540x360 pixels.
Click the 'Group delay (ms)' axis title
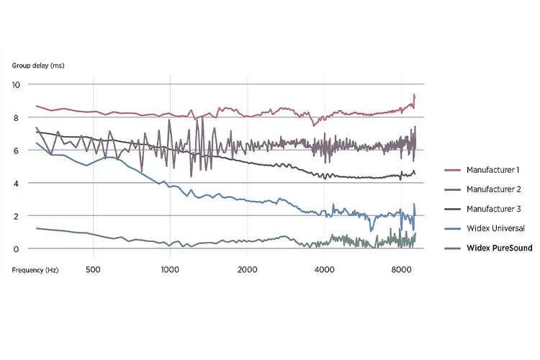pyautogui.click(x=38, y=66)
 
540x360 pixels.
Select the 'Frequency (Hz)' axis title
pyautogui.click(x=35, y=270)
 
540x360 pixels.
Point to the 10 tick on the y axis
pyautogui.click(x=16, y=85)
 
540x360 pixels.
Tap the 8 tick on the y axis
pyautogui.click(x=16, y=118)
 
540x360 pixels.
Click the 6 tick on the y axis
pyautogui.click(x=16, y=151)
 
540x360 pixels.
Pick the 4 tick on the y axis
pyautogui.click(x=16, y=184)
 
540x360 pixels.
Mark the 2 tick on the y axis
pyautogui.click(x=16, y=216)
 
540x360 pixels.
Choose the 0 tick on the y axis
pyautogui.click(x=16, y=249)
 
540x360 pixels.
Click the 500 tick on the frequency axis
pyautogui.click(x=93, y=269)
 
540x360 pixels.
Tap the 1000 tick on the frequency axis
pyautogui.click(x=170, y=269)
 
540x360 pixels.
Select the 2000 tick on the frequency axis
pyautogui.click(x=247, y=269)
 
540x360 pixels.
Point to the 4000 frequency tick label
pyautogui.click(x=325, y=269)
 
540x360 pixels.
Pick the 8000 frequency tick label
pyautogui.click(x=401, y=269)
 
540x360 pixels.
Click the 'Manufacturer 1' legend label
pyautogui.click(x=492, y=170)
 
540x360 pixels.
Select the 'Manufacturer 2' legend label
pyautogui.click(x=494, y=189)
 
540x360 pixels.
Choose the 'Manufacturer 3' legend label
pyautogui.click(x=494, y=209)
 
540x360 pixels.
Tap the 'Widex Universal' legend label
pyautogui.click(x=495, y=228)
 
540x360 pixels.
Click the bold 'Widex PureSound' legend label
pyautogui.click(x=500, y=248)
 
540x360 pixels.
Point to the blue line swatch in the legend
pyautogui.click(x=453, y=228)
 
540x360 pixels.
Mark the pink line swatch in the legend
pyautogui.click(x=453, y=170)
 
